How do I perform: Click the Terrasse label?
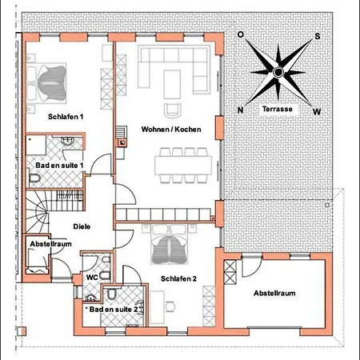click(x=278, y=109)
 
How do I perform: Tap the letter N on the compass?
click(x=240, y=110)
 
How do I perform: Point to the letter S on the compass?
click(x=318, y=36)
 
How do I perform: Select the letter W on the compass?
click(x=317, y=111)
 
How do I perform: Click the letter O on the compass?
click(x=240, y=34)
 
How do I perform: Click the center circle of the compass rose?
click(x=278, y=72)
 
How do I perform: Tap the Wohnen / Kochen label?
click(x=171, y=130)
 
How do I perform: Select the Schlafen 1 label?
click(x=66, y=117)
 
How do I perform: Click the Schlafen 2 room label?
click(x=178, y=278)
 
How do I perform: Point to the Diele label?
click(x=82, y=226)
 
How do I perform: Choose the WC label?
click(x=92, y=278)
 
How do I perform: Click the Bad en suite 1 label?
click(x=59, y=166)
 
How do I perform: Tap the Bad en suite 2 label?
click(x=114, y=310)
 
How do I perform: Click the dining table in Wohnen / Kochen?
click(x=183, y=166)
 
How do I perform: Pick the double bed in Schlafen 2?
click(x=169, y=244)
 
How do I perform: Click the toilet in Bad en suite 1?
click(x=34, y=178)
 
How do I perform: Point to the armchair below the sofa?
click(x=173, y=110)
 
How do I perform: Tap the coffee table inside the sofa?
click(x=172, y=84)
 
